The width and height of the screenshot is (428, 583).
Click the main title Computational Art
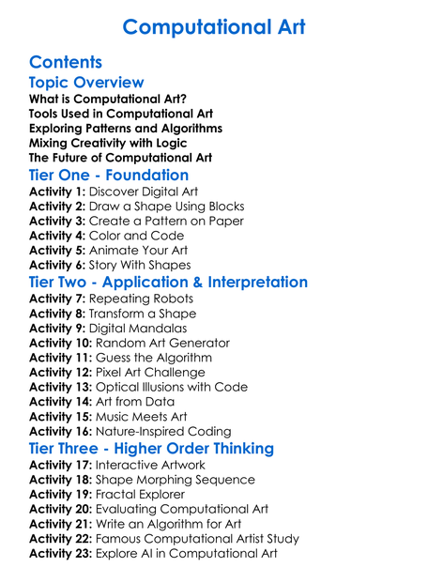(x=213, y=26)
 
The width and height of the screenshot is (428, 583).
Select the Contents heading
(x=66, y=62)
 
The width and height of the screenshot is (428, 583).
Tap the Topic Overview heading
(x=86, y=83)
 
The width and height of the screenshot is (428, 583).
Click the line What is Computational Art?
(x=108, y=99)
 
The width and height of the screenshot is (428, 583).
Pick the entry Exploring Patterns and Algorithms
(x=126, y=128)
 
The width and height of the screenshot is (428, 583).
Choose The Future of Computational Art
(x=120, y=157)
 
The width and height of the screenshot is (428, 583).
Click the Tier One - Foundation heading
(x=109, y=176)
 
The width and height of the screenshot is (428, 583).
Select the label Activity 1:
(x=57, y=192)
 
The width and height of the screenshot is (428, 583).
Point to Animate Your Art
(x=139, y=250)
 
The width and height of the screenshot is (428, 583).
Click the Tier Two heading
(x=168, y=282)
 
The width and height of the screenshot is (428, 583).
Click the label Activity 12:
(x=61, y=372)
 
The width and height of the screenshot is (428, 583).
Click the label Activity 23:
(x=61, y=553)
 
